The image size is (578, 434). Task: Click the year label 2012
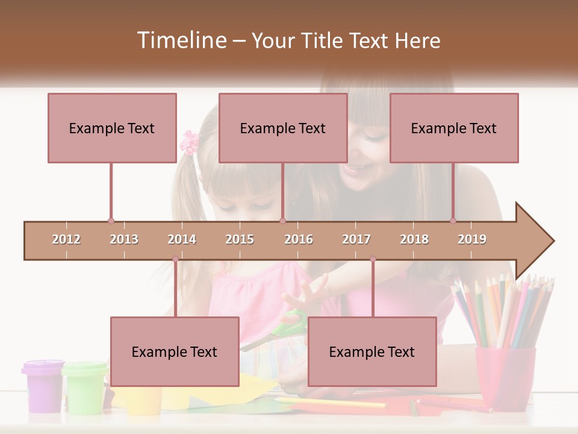tap(66, 239)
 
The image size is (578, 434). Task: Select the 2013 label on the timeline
tap(124, 239)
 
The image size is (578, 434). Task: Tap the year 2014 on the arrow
tap(182, 239)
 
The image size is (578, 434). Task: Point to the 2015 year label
tap(240, 239)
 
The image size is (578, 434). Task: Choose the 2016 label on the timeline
tap(299, 239)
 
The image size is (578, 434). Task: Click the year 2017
tap(356, 239)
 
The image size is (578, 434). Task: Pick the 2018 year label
tap(414, 239)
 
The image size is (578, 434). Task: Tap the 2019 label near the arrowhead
tap(472, 239)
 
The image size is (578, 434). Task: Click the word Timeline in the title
tap(181, 40)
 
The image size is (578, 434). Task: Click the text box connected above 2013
tap(112, 128)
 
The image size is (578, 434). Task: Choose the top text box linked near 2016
tap(283, 128)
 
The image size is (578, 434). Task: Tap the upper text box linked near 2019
tap(454, 128)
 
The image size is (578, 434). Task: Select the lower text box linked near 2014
tap(175, 351)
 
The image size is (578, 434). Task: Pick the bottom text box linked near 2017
tap(372, 351)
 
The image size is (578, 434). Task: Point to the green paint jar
tap(85, 386)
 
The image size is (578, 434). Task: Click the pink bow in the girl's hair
tap(189, 142)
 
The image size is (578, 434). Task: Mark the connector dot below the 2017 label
tap(373, 259)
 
